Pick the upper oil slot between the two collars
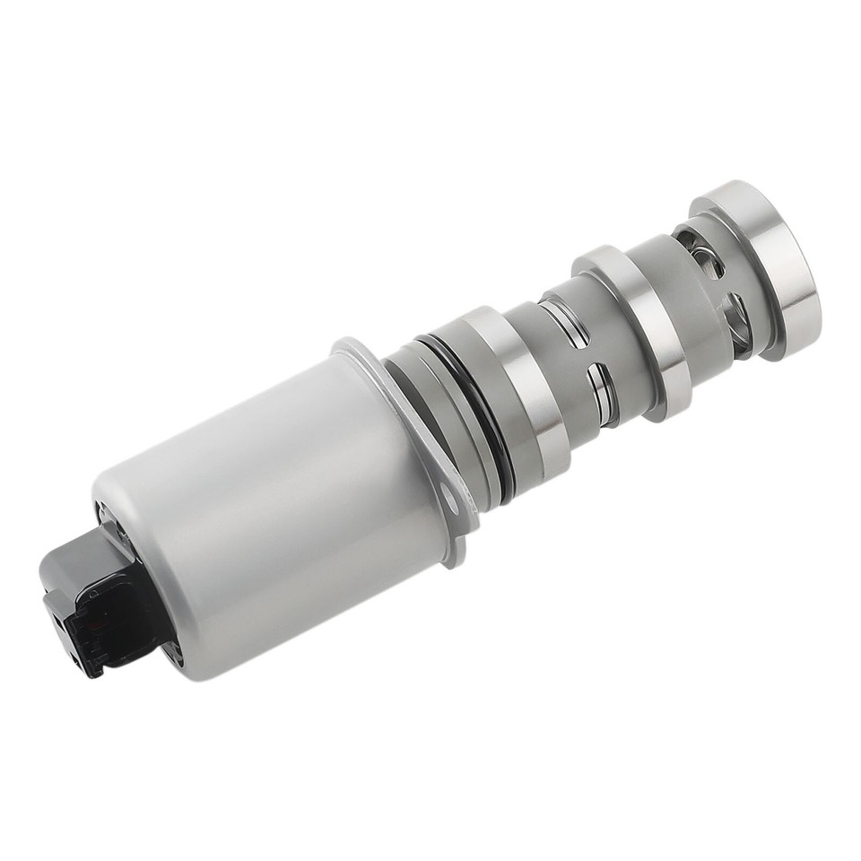(x=564, y=319)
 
